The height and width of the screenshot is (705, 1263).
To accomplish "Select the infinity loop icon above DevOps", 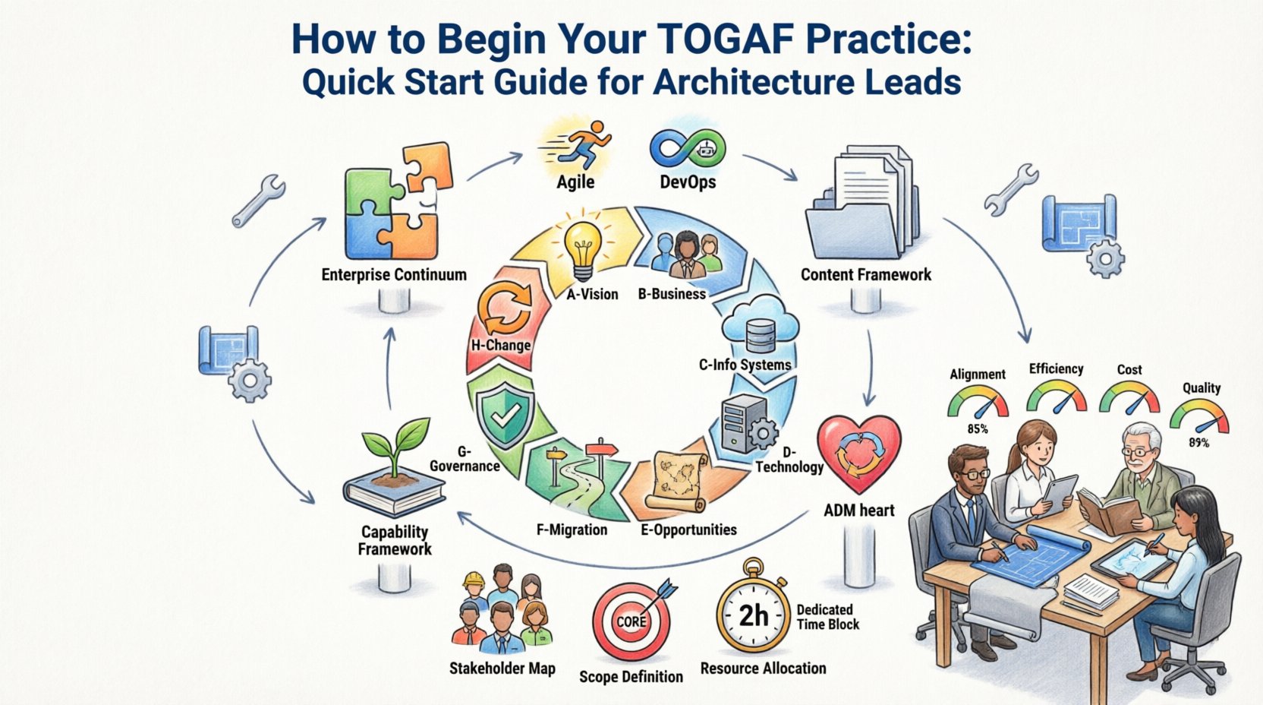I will click(687, 147).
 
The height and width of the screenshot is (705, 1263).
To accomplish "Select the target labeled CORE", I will click(631, 621).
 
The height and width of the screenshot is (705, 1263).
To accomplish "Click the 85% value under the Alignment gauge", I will click(977, 429).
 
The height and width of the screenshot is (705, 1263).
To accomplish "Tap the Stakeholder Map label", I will click(502, 669).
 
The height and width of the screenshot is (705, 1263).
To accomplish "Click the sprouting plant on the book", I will click(394, 451).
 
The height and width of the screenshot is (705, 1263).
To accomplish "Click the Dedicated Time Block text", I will click(827, 617).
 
